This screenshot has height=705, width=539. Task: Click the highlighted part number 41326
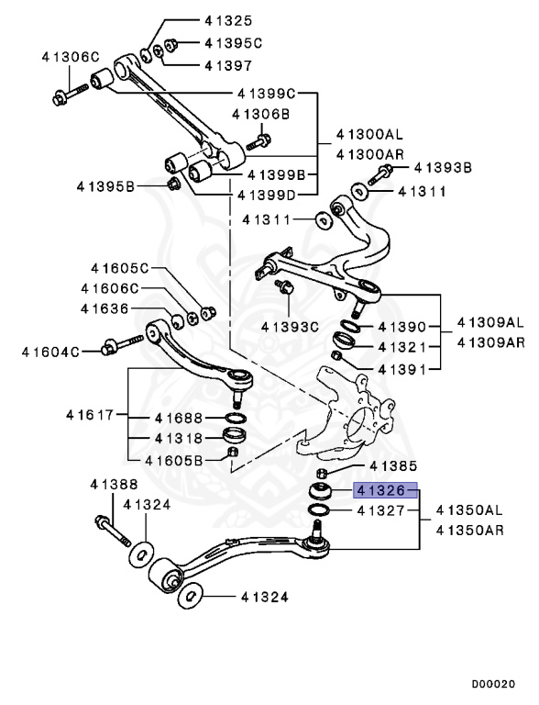click(x=380, y=490)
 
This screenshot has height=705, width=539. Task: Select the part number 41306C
click(x=70, y=57)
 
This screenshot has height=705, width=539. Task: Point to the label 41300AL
click(x=369, y=134)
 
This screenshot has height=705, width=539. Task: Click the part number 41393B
click(x=442, y=168)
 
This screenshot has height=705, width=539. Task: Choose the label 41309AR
click(x=490, y=341)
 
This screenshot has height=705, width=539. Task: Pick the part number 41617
click(x=89, y=415)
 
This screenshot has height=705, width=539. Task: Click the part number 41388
click(x=114, y=485)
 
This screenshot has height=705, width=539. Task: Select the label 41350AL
click(x=469, y=510)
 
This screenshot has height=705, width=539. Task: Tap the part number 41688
click(x=179, y=418)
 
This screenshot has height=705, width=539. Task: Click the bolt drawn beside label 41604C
click(x=116, y=347)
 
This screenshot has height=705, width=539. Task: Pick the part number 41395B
click(x=106, y=186)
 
